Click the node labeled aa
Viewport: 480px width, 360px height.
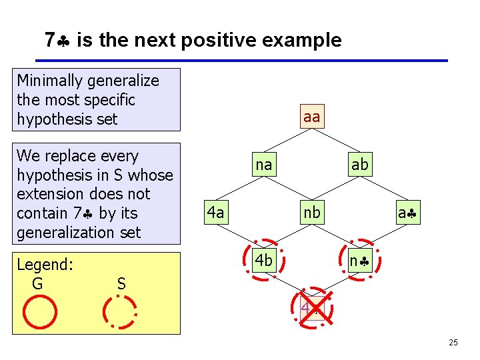[311, 117]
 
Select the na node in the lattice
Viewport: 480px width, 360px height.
[264, 165]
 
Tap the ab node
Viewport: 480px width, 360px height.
[359, 165]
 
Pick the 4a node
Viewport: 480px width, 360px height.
[215, 213]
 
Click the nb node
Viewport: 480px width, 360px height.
[311, 213]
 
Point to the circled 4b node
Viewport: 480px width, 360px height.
[264, 260]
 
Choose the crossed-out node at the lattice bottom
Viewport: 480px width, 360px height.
[311, 308]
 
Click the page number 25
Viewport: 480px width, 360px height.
[453, 343]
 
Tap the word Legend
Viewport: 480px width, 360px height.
[44, 265]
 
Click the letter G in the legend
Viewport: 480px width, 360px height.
[37, 284]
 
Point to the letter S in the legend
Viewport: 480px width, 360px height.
[121, 284]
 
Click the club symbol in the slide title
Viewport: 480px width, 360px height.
[65, 41]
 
